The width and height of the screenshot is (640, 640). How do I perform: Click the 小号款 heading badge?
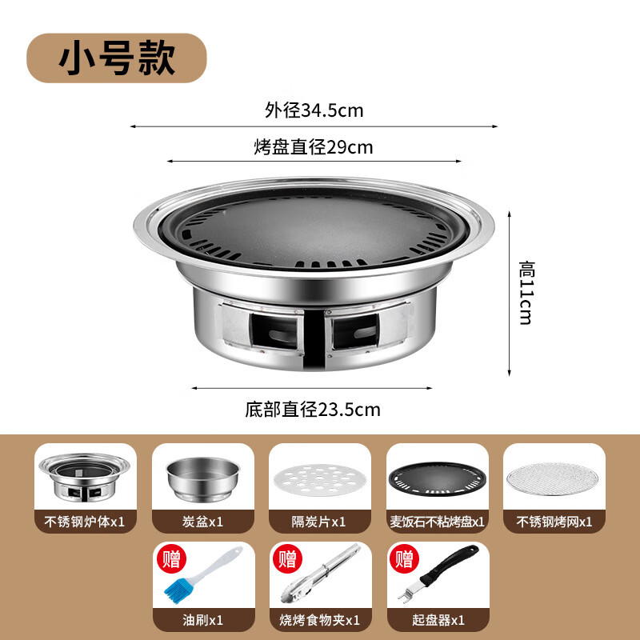click(117, 58)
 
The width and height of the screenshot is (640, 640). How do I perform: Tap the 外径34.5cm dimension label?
click(314, 110)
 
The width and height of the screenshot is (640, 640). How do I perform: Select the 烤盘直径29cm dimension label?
click(314, 147)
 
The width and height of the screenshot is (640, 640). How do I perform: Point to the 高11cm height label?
click(526, 291)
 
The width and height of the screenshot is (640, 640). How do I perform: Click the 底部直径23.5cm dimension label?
click(312, 410)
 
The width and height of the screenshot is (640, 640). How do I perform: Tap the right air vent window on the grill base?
click(354, 330)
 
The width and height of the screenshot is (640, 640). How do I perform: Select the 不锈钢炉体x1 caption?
click(86, 521)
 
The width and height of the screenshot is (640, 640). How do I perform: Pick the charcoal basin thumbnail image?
click(202, 478)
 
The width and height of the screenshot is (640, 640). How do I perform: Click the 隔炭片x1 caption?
click(319, 521)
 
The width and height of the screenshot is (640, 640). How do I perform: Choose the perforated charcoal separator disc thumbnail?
click(319, 478)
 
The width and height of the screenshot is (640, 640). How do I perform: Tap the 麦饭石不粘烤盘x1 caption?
click(437, 521)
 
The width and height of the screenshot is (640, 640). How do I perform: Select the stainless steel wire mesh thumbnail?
click(554, 478)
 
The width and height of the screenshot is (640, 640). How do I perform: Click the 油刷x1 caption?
click(202, 620)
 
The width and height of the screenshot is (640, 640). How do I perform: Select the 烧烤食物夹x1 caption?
click(319, 620)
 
